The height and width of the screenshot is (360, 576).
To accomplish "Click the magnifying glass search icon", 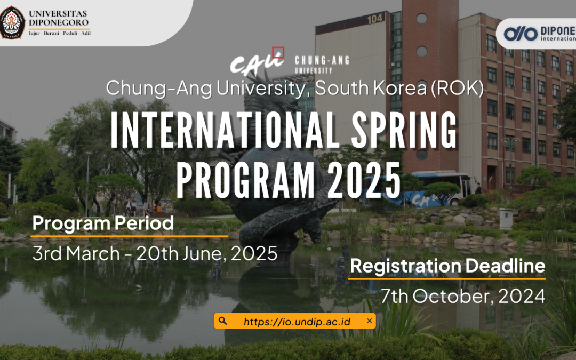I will tap(223, 321).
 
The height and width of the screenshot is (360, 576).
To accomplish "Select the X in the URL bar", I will tap(369, 321).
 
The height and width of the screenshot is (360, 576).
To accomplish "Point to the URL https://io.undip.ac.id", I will tap(297, 322).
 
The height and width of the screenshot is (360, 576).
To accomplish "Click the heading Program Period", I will tap(103, 223).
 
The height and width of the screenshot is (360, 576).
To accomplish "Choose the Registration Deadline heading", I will tap(447, 266).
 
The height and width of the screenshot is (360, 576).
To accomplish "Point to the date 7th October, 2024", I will tap(463, 296).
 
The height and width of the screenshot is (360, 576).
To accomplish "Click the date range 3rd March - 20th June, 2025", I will tap(155, 253).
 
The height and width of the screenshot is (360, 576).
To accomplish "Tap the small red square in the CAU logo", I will tap(278, 52).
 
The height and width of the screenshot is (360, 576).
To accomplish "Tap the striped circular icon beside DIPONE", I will tap(521, 34).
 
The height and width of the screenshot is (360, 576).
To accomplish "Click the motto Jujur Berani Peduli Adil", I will tap(59, 33).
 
